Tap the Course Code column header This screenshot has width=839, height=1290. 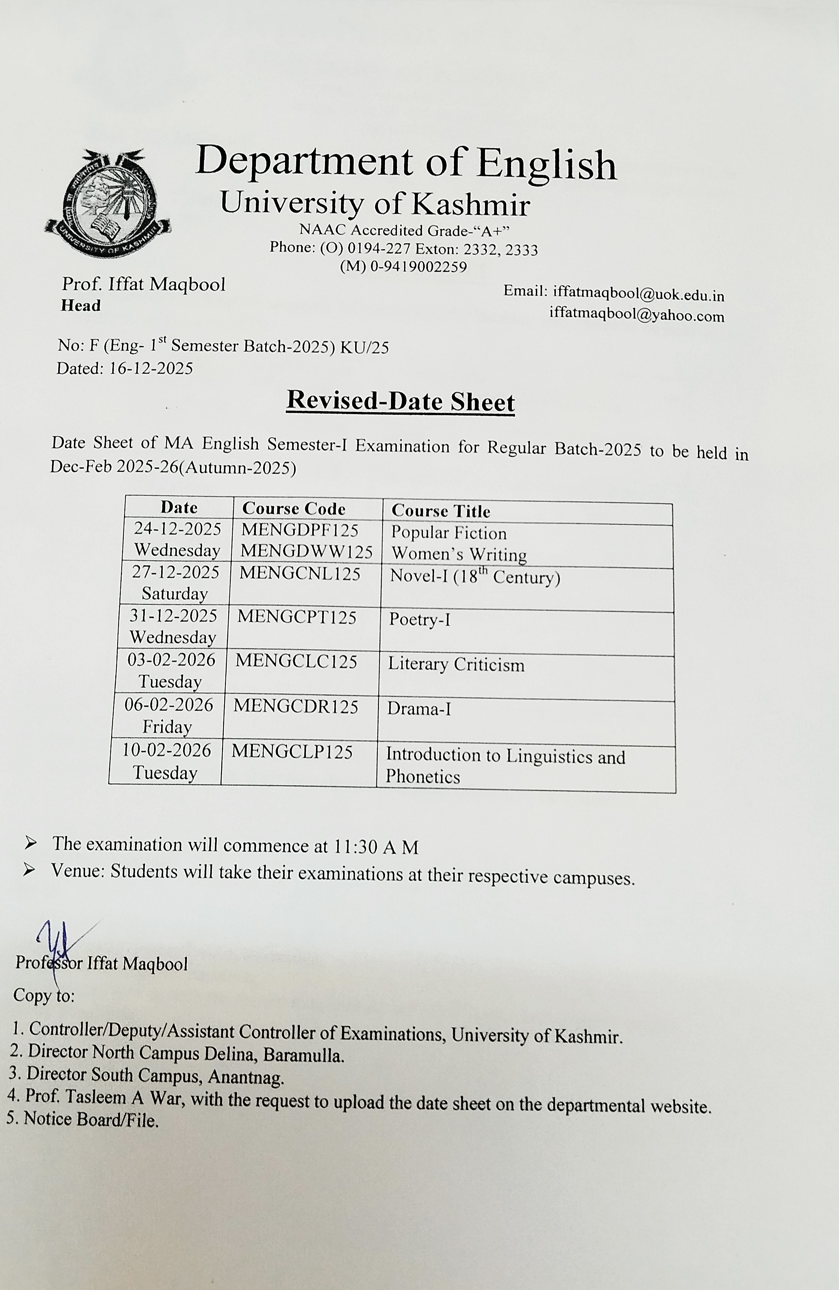click(294, 508)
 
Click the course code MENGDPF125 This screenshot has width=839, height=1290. click(300, 530)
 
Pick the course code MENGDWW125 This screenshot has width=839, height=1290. click(306, 551)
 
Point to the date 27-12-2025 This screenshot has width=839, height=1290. click(176, 572)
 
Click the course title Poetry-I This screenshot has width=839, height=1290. click(419, 619)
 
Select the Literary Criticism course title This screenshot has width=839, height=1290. click(456, 665)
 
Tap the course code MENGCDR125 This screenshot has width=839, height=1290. click(296, 707)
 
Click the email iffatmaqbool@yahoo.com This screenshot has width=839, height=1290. click(636, 315)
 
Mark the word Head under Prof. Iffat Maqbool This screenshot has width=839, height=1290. click(81, 306)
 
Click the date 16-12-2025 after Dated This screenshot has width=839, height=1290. click(151, 369)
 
